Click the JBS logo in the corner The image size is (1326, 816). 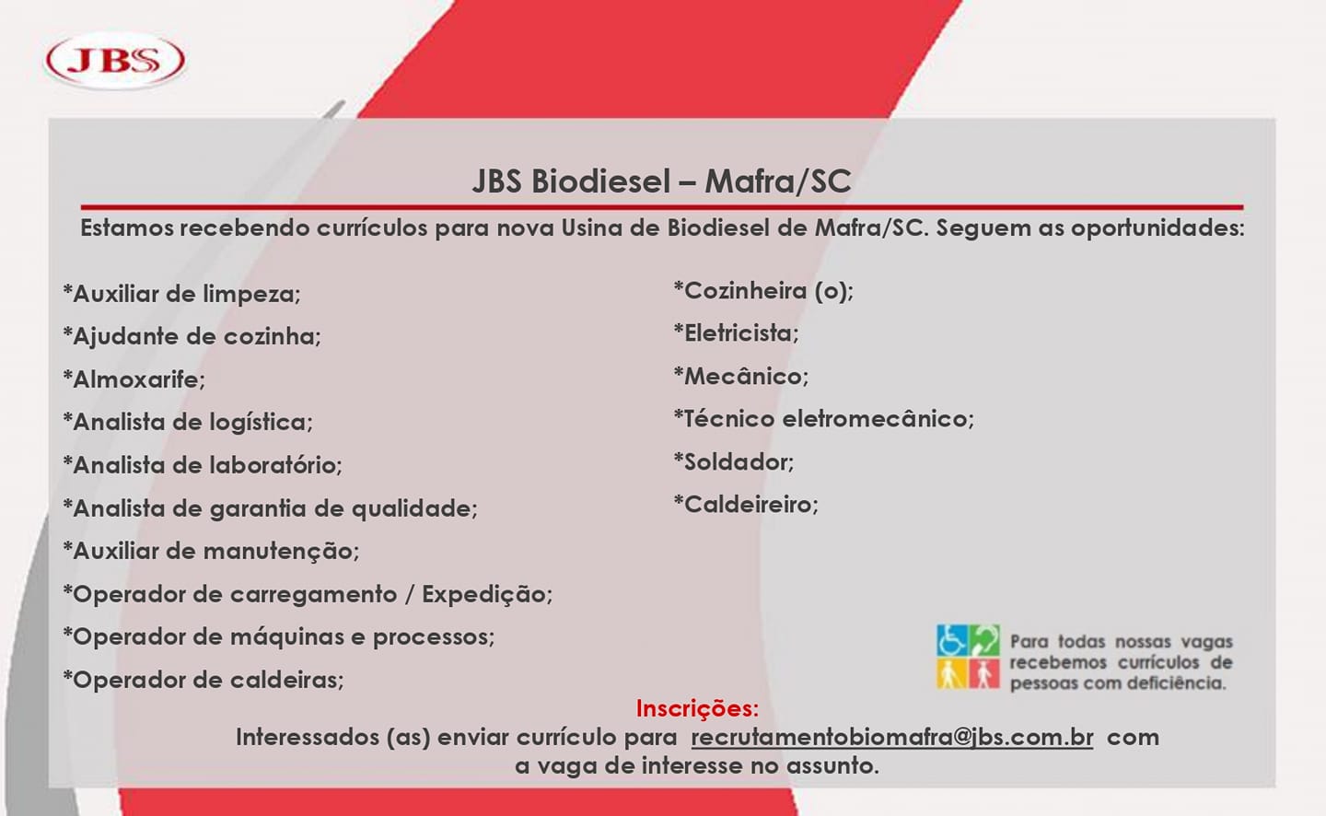click(x=115, y=60)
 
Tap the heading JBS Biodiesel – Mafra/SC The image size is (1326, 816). click(x=661, y=181)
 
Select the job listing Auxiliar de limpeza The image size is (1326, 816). click(x=181, y=294)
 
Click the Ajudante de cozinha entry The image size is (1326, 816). click(x=192, y=336)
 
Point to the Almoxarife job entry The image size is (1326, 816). click(x=134, y=379)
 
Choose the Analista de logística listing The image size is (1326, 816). click(x=188, y=422)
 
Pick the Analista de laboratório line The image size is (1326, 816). click(x=203, y=465)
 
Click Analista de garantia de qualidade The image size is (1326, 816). click(x=270, y=508)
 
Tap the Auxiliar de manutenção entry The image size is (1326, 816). click(x=211, y=551)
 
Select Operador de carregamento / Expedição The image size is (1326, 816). click(x=308, y=594)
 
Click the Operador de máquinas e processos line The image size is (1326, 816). click(x=278, y=636)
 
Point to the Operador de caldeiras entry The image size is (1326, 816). click(x=204, y=680)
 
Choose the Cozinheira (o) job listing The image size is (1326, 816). click(x=763, y=291)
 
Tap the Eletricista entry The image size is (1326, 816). click(x=736, y=333)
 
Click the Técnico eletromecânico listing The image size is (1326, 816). click(x=823, y=419)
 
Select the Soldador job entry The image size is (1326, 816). click(x=733, y=461)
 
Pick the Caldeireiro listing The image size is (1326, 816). click(x=745, y=505)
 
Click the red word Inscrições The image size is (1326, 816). click(x=697, y=708)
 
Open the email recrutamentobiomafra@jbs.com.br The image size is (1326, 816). click(x=891, y=738)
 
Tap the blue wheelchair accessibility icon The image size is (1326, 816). click(x=951, y=640)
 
